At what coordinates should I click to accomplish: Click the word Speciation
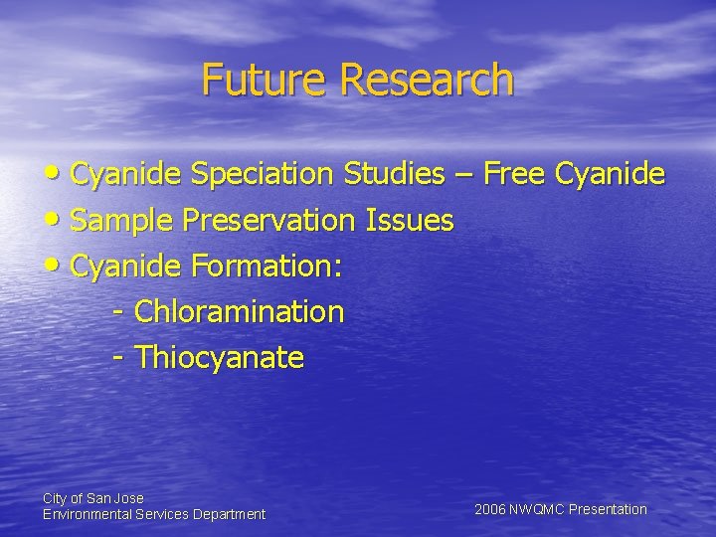point(264,175)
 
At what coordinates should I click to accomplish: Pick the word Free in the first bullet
point(517,175)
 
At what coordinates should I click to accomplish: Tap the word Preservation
point(266,221)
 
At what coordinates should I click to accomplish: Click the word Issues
point(410,221)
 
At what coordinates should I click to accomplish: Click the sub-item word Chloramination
point(239,312)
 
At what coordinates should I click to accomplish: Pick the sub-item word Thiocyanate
point(219,357)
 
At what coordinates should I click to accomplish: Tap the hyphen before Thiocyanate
point(118,358)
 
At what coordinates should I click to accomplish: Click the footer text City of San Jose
point(92,497)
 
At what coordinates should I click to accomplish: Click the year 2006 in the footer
point(490,509)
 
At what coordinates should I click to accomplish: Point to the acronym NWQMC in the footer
point(536,509)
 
